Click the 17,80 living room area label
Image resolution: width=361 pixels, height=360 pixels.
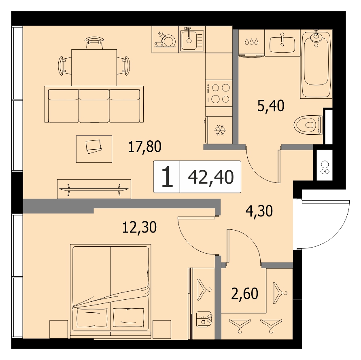[x=144, y=146]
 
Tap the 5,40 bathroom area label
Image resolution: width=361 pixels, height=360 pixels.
[x=271, y=106]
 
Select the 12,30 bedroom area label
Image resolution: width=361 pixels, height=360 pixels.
[x=140, y=227]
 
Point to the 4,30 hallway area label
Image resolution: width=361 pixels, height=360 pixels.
[x=259, y=211]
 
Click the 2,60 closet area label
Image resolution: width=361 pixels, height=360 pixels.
[x=244, y=294]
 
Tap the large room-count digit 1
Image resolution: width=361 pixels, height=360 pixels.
[x=167, y=177]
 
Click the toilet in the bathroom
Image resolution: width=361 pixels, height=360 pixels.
[x=308, y=125]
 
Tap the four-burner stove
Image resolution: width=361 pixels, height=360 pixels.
[x=219, y=93]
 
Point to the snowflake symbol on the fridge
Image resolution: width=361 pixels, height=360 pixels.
[x=220, y=130]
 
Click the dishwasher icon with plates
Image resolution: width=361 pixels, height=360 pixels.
[x=165, y=39]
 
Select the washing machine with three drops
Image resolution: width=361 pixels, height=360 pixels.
[x=251, y=43]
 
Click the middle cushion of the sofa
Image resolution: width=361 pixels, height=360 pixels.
[x=94, y=106]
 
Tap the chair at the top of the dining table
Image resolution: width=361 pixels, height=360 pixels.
[x=94, y=43]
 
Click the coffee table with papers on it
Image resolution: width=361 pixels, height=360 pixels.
[x=94, y=149]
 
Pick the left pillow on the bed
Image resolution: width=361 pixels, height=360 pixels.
[x=92, y=318]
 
